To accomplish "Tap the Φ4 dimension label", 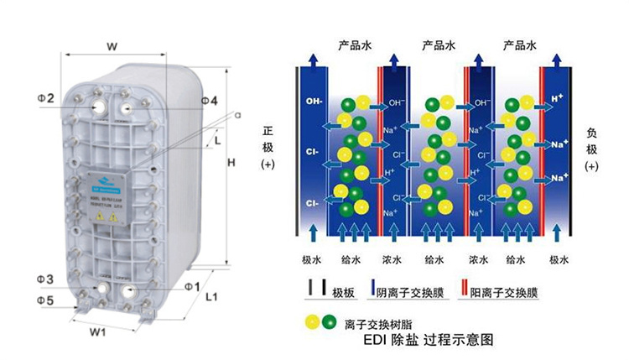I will (210, 101).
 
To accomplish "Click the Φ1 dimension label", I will (192, 287).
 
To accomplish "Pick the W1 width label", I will (98, 331).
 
